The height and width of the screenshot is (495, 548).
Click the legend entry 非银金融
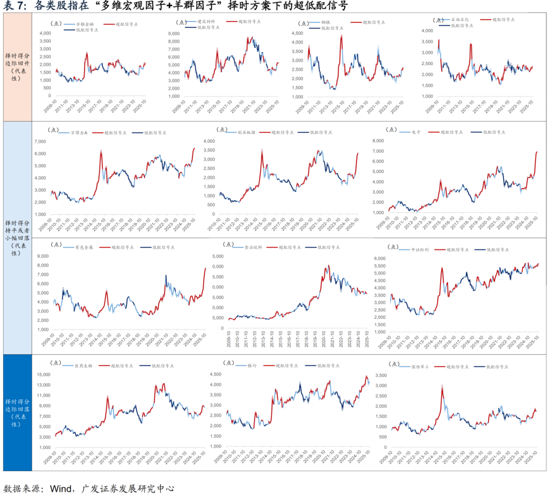(x=85, y=24)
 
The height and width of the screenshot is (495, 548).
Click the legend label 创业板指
(x=247, y=132)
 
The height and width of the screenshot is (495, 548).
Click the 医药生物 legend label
(x=84, y=365)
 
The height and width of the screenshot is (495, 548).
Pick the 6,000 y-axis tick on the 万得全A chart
(x=44, y=154)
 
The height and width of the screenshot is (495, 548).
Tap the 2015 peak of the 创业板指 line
(x=262, y=150)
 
